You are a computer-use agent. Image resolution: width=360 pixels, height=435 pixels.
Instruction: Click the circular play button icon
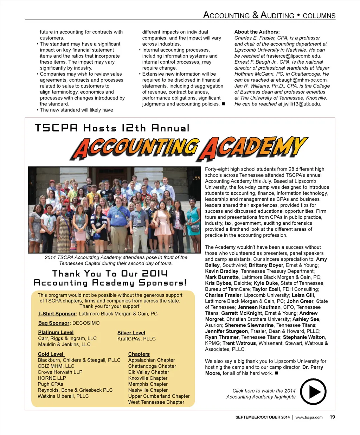coord(313,392)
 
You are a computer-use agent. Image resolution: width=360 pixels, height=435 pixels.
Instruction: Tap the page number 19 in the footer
coord(332,417)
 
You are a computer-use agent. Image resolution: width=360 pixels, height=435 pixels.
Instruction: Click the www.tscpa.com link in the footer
coord(309,417)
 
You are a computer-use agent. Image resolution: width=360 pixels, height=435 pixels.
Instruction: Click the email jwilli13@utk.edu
coord(302,104)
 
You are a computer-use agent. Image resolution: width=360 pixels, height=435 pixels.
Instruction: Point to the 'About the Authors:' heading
coord(257,32)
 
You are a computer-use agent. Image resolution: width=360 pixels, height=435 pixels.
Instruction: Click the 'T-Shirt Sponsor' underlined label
coord(57,314)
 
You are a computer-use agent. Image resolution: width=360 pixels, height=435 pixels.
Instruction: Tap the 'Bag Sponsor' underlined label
coord(54,323)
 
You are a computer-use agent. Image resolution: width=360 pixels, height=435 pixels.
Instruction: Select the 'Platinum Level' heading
coord(56,333)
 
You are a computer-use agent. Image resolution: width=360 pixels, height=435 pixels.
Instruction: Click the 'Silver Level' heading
coord(131,333)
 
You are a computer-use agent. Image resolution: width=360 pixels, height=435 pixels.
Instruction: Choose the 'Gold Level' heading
coord(51,354)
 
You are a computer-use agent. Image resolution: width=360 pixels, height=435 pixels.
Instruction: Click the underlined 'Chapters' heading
coord(139,354)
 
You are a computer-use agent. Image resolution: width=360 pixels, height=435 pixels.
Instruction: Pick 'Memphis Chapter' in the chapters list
coord(148,384)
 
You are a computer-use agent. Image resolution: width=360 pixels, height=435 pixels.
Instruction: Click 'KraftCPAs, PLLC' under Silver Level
coord(136,339)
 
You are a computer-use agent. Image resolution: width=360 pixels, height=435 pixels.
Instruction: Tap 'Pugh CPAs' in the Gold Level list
coord(50,384)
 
